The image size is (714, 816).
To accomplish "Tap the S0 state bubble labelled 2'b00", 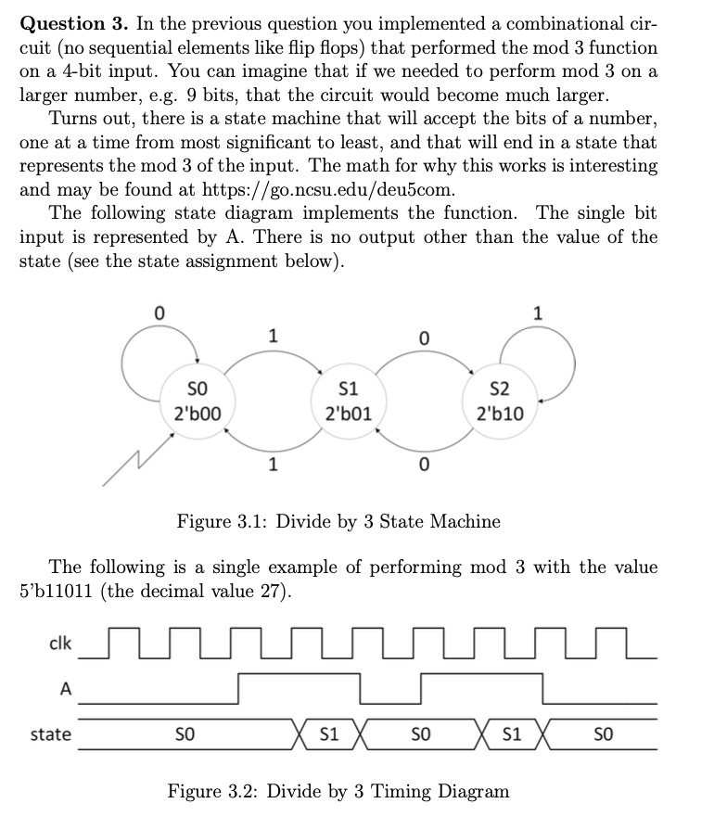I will [197, 400].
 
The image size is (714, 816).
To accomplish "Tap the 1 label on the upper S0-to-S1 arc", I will [272, 337].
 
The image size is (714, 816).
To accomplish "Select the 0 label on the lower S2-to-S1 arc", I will [423, 465].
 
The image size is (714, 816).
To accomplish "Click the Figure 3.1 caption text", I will [338, 521].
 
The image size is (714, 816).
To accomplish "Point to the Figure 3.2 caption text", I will [338, 791].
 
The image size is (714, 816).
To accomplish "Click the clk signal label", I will [58, 642].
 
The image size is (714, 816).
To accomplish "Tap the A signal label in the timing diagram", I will [64, 687].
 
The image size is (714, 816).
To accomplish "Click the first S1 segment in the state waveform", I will [327, 734].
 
